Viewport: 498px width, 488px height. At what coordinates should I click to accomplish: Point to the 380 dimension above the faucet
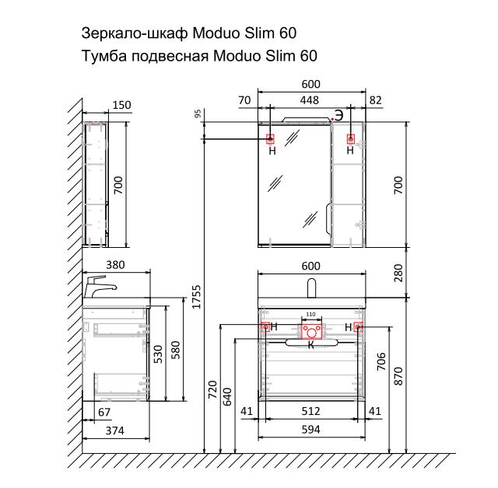[x=115, y=265]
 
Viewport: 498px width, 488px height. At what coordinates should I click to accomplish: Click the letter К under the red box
[x=311, y=345]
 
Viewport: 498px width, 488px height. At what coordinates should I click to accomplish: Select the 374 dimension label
[x=115, y=431]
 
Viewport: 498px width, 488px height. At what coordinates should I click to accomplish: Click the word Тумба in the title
[x=103, y=57]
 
